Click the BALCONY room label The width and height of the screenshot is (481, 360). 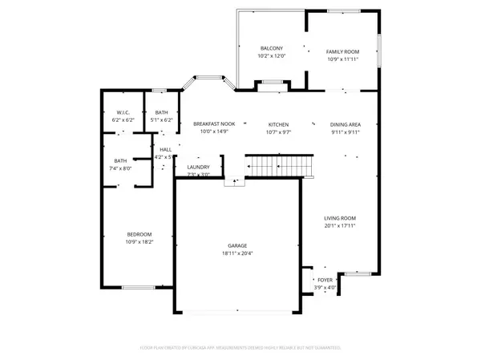coord(272,48)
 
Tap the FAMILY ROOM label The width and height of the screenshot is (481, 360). coord(342,51)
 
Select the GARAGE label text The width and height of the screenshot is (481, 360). coord(236,245)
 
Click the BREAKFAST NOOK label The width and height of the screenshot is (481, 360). coord(213,123)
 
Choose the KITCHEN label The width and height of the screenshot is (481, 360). coord(278,124)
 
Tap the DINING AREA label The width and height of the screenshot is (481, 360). coord(346,124)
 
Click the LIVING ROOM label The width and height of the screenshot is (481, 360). coord(339,218)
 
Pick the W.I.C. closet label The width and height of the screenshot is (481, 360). coord(123,112)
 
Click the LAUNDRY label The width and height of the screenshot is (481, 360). coord(198,167)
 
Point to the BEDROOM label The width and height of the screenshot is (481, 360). coord(138,234)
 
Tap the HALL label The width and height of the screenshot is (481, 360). coord(165,149)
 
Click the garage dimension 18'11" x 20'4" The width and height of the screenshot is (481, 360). coord(236,253)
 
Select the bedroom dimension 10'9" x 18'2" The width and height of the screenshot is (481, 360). coord(138,241)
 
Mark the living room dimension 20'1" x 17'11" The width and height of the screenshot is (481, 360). coord(339,226)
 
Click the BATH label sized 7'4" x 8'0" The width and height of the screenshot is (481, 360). coord(120,160)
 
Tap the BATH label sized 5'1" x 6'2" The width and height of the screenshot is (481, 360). coord(162,112)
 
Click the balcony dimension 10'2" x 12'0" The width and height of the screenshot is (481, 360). coord(272,56)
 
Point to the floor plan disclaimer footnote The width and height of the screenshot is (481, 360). coord(240,348)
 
